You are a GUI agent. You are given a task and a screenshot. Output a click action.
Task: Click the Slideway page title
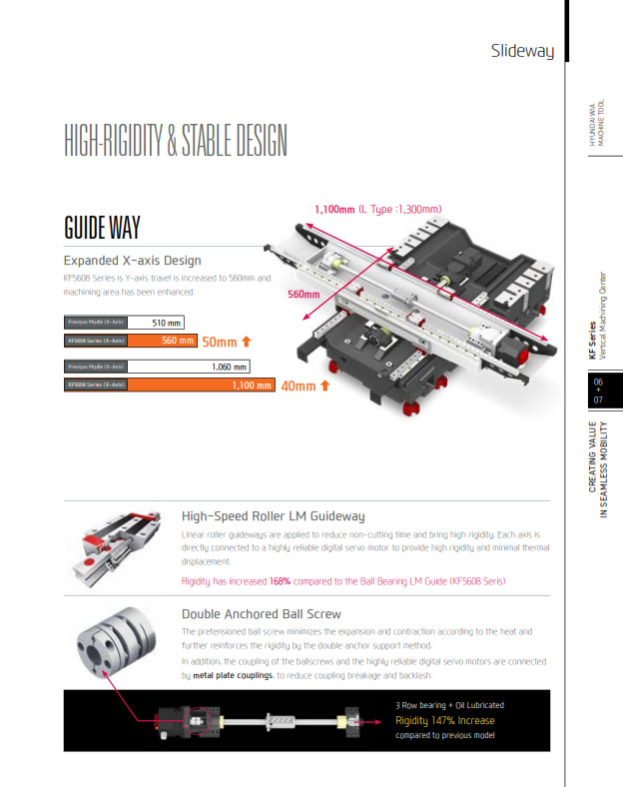(x=521, y=50)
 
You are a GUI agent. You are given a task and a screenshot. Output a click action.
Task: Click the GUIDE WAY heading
(x=102, y=227)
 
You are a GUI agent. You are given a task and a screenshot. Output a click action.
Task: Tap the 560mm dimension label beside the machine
(x=304, y=295)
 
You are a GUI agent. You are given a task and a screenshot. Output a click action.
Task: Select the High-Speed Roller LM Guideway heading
(x=273, y=516)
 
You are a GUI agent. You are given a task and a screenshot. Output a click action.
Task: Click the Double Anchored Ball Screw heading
(x=261, y=613)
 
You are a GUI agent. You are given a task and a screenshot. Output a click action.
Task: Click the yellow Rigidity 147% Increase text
(x=444, y=720)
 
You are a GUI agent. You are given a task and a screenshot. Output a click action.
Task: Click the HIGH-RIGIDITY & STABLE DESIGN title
(x=175, y=141)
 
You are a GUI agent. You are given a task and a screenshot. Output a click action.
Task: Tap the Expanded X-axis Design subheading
(x=132, y=261)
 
